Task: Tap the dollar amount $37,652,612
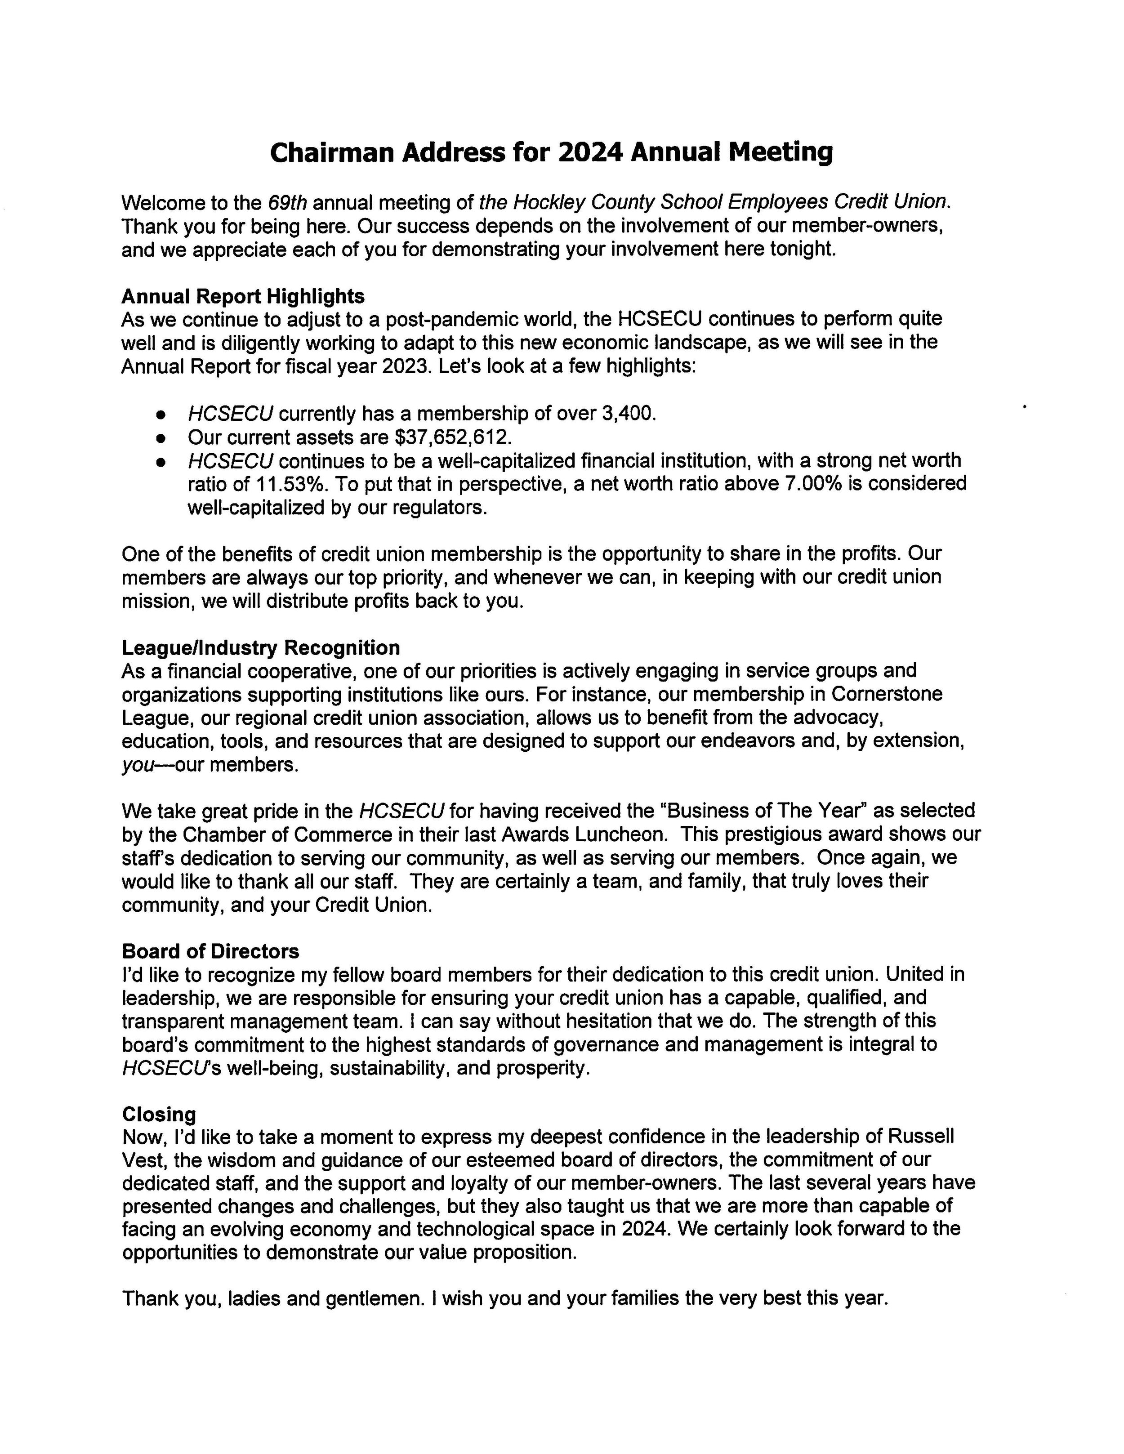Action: click(453, 437)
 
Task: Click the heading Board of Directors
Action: click(210, 951)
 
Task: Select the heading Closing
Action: click(159, 1115)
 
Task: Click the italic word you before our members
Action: click(137, 765)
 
